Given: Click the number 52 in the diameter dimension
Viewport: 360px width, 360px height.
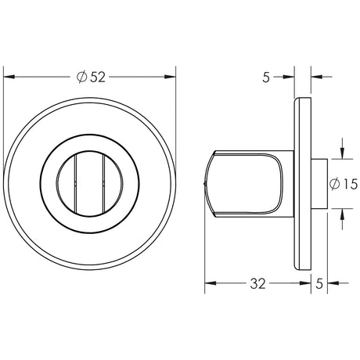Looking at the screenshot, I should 97,76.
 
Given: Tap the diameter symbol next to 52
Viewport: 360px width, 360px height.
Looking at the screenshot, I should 82,76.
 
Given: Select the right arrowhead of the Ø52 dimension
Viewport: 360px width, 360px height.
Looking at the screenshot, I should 172,76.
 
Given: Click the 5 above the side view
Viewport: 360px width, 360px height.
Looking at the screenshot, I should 266,77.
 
